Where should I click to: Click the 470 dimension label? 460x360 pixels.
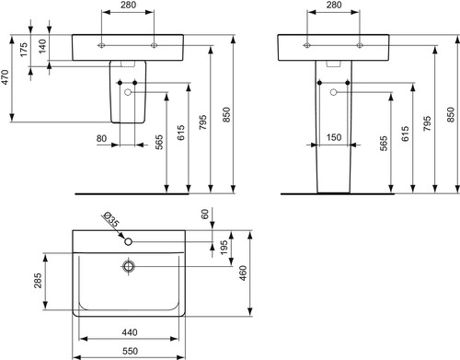pos(6,77)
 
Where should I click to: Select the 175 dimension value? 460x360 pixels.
pos(24,50)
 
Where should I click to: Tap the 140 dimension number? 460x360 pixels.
pos(42,46)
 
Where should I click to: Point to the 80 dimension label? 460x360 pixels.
pos(101,138)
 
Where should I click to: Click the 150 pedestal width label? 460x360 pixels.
pos(334,137)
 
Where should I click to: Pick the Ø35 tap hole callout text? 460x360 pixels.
pos(111,219)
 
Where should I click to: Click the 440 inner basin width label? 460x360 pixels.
pos(130,332)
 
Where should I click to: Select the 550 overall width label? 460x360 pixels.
pos(130,351)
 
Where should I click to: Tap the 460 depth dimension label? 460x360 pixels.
pos(243,273)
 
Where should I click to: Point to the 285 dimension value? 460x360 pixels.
pos(38,281)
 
